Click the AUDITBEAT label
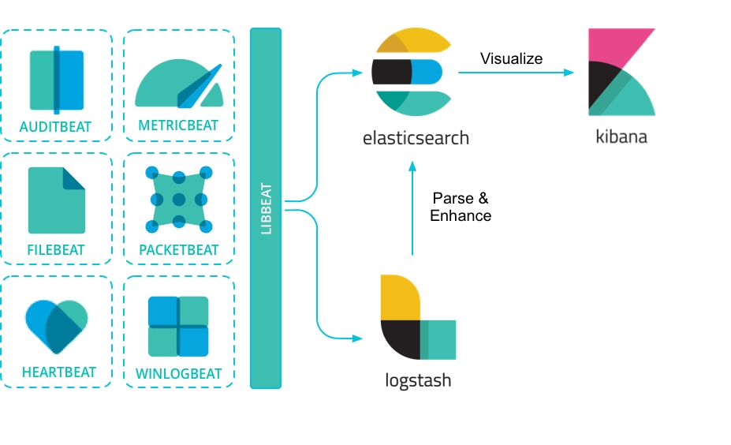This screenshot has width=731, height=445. tap(56, 126)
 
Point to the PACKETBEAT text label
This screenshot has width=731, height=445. tap(179, 250)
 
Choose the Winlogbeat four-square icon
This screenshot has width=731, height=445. tap(179, 326)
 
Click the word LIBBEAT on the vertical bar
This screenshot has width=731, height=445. tap(266, 209)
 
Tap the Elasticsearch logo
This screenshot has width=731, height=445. tap(411, 72)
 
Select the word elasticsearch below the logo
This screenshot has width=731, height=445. tap(416, 138)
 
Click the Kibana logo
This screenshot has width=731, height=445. tap(621, 72)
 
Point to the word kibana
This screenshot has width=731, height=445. tap(621, 136)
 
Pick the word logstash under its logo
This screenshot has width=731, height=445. tap(418, 380)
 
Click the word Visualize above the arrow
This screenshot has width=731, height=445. tap(512, 58)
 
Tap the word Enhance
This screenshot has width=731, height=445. tap(461, 215)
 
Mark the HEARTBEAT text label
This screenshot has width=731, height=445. tap(59, 372)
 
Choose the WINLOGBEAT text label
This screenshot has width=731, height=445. tap(179, 373)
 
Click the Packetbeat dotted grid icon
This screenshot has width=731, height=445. tap(179, 200)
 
